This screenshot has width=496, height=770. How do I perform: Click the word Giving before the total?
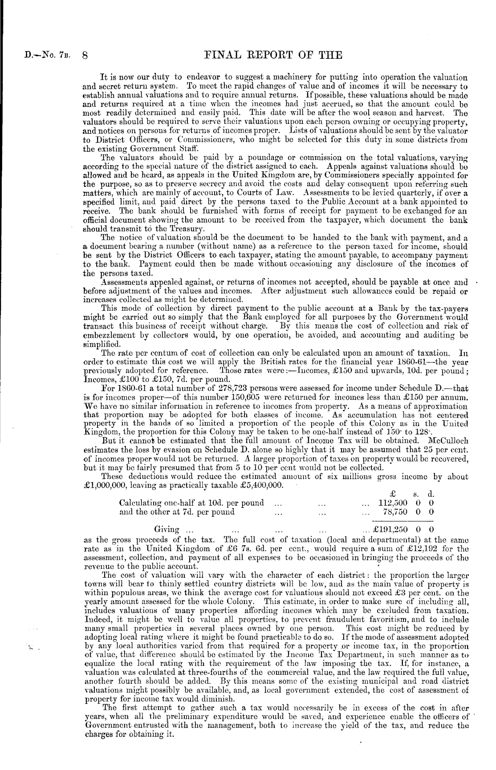click(167, 529)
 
